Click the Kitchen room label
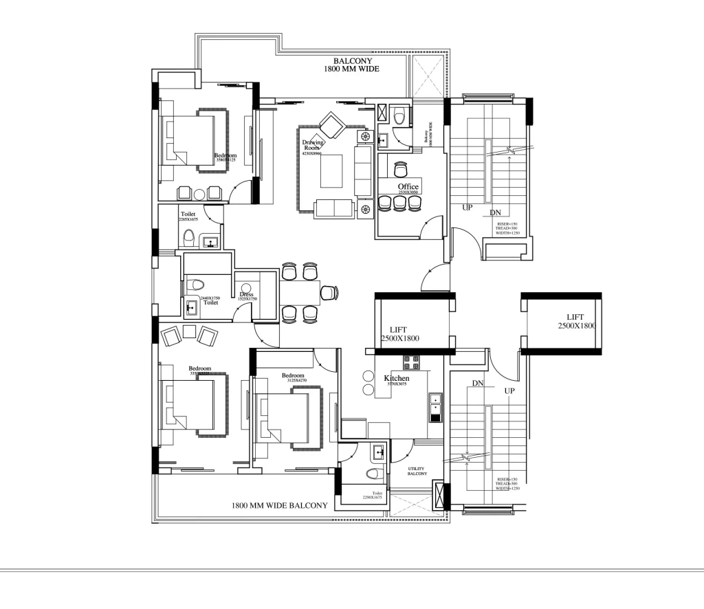(397, 378)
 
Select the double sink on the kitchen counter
(434, 408)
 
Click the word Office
(408, 187)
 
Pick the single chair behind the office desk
(400, 167)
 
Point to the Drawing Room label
(312, 145)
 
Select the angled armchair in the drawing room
(332, 125)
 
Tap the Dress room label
(246, 294)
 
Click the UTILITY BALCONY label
(417, 471)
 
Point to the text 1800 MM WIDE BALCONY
(279, 506)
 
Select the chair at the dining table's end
(331, 292)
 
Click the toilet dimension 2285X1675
(188, 219)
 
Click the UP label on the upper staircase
(467, 208)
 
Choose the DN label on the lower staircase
(479, 383)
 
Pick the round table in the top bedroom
(199, 193)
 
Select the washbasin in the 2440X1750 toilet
(190, 305)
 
